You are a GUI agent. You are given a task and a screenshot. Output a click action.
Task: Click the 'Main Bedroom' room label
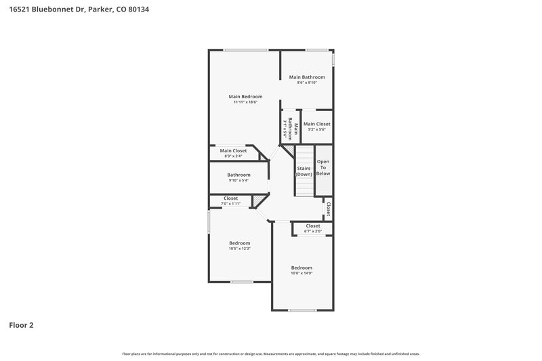click(x=245, y=96)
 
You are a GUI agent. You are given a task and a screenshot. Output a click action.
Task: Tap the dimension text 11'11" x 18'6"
click(x=245, y=102)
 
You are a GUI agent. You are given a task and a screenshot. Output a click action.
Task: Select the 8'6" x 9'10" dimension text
click(x=307, y=83)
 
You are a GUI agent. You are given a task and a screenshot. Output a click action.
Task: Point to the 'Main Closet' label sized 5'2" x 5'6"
click(x=316, y=124)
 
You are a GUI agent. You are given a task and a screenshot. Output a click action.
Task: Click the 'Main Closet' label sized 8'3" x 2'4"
click(x=233, y=150)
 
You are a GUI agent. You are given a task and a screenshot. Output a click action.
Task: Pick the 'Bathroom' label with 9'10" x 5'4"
click(x=238, y=175)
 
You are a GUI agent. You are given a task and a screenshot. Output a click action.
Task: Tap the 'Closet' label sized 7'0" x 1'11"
click(x=230, y=198)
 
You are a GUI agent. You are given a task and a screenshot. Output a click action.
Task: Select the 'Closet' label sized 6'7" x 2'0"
click(x=313, y=226)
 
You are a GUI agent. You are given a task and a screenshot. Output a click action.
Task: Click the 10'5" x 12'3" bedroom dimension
click(x=239, y=249)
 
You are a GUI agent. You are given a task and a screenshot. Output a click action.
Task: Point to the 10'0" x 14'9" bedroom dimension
click(x=301, y=273)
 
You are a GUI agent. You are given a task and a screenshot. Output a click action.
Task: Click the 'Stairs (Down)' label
click(x=304, y=171)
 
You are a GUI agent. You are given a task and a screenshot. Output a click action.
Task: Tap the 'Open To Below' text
click(x=324, y=167)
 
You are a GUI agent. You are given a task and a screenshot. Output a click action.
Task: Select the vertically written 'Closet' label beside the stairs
click(x=328, y=209)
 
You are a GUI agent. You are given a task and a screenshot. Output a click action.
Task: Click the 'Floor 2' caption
click(x=21, y=325)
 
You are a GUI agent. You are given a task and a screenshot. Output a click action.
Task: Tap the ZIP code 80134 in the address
click(x=138, y=9)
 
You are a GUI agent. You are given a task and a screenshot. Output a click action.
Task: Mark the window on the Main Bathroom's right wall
click(x=333, y=60)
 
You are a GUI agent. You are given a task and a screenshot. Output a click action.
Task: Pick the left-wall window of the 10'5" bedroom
click(x=208, y=221)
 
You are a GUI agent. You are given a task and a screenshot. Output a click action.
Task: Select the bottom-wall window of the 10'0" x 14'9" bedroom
click(x=302, y=310)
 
